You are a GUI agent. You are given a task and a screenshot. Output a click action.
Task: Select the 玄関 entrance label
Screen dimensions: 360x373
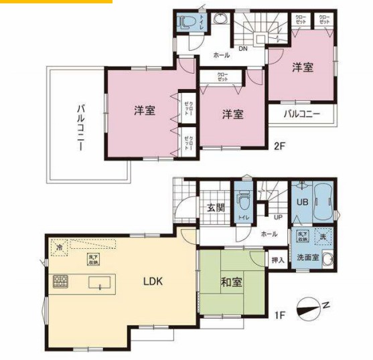[216, 207]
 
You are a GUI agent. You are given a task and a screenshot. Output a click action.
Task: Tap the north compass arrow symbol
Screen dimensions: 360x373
[312, 309]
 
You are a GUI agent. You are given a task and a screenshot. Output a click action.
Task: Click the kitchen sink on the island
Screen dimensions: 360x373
[100, 286]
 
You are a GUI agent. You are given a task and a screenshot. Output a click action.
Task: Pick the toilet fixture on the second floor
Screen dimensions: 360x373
[186, 22]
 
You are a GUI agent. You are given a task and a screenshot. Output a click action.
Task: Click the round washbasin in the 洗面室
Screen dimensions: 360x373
[327, 260]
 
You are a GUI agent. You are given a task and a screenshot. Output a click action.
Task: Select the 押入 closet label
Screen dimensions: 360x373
[277, 256]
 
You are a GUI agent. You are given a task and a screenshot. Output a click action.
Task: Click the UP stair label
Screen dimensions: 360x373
[277, 217]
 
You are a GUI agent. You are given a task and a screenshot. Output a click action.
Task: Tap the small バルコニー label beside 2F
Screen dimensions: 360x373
[302, 114]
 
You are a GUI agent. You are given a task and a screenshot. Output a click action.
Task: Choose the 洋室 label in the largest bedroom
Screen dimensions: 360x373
[144, 111]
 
